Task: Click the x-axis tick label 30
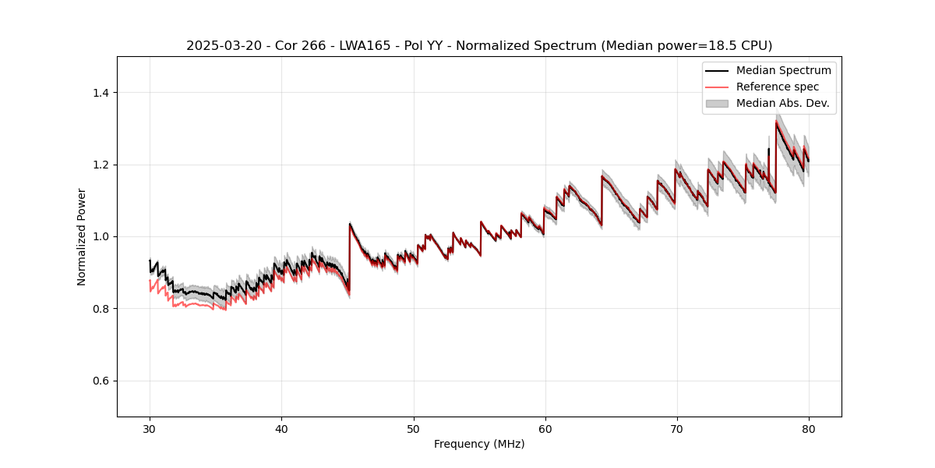(x=150, y=428)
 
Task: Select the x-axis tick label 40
(x=281, y=428)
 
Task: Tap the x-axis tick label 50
(x=413, y=428)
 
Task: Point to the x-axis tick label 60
(x=545, y=428)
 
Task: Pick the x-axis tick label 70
(x=676, y=428)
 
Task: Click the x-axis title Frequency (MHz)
(x=479, y=444)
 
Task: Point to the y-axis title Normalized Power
(x=81, y=236)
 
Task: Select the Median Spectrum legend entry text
(x=783, y=70)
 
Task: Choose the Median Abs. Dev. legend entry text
(x=782, y=103)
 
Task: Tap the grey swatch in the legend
(x=717, y=103)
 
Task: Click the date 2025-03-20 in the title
(x=219, y=46)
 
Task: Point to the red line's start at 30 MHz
(x=150, y=281)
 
